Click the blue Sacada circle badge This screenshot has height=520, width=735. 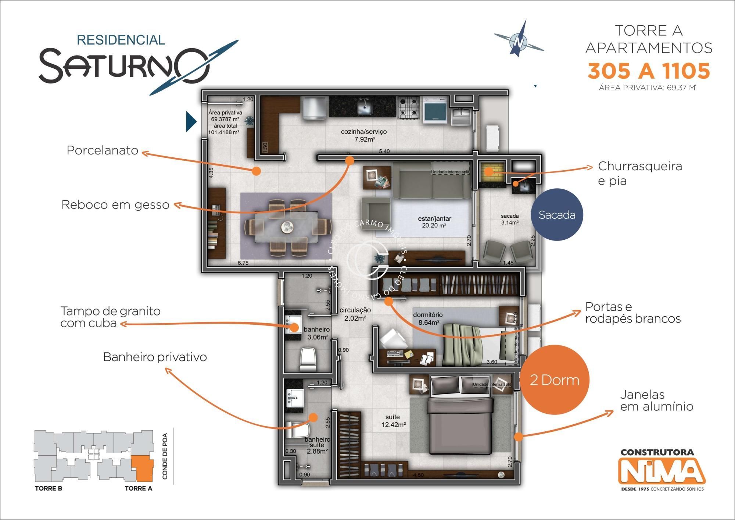557,215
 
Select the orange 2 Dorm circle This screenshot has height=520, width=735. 554,380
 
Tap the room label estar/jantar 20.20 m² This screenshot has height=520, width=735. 434,222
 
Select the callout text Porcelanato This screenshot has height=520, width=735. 102,150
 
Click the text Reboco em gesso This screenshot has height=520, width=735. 115,205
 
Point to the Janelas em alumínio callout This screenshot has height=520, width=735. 656,400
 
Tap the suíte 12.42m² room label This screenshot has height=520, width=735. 393,421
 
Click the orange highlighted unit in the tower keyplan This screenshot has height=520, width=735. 143,468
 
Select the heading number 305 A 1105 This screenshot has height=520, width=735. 648,71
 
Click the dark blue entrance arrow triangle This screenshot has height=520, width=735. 191,121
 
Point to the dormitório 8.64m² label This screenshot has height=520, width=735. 427,318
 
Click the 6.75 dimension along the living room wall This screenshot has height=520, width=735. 243,263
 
